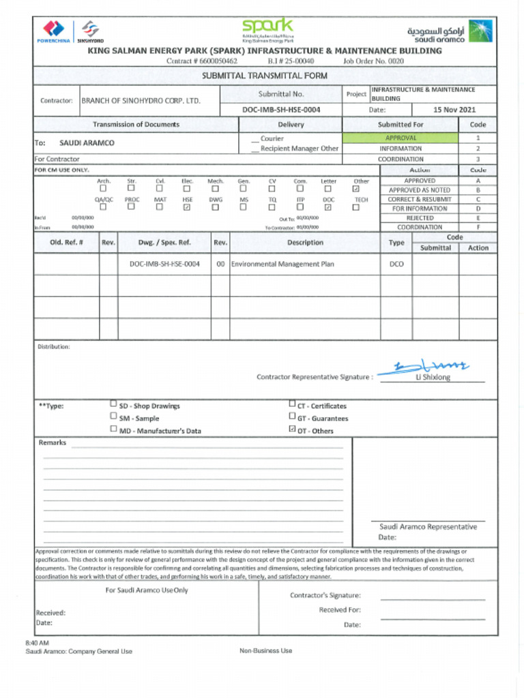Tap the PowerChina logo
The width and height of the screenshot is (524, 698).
click(53, 31)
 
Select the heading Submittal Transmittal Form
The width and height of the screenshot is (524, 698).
click(265, 76)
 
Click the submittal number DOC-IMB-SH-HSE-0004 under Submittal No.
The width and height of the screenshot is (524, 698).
click(281, 109)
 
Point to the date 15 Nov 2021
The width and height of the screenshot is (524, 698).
click(454, 109)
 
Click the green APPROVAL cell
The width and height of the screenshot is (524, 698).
click(401, 138)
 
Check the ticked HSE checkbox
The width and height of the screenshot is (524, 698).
click(187, 207)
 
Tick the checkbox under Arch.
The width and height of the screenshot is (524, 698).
click(103, 189)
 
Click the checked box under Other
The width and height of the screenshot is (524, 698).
click(355, 189)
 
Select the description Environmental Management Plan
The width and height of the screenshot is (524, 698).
click(282, 264)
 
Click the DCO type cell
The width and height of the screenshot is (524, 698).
click(396, 264)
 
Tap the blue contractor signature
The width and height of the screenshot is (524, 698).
click(422, 368)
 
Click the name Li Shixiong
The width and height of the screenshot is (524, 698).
click(433, 377)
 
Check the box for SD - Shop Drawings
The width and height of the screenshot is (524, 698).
click(113, 404)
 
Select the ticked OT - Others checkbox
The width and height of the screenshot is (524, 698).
click(293, 429)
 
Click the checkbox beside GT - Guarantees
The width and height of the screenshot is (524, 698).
click(293, 416)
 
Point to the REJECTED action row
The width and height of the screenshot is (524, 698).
click(420, 218)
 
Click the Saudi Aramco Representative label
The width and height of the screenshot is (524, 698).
click(427, 526)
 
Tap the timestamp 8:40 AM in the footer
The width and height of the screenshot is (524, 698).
click(37, 643)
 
